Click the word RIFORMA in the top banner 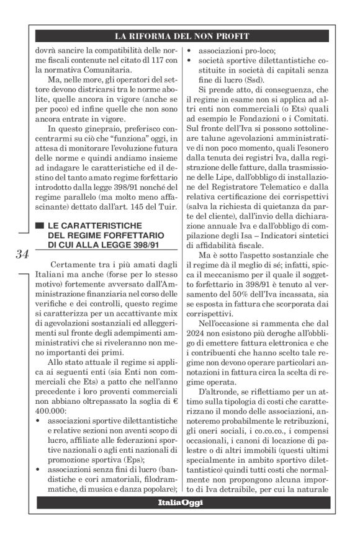pyautogui.click(x=159, y=36)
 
